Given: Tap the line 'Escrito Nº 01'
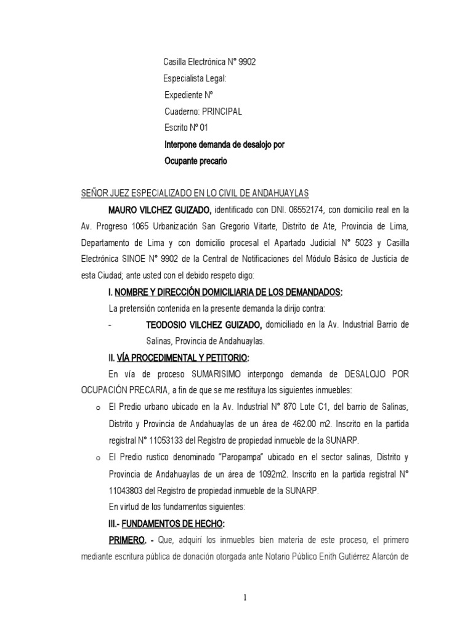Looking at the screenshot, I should [187, 128].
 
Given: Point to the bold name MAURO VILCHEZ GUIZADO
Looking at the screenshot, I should [160, 208].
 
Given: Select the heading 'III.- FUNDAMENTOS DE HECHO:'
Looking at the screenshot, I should [166, 523].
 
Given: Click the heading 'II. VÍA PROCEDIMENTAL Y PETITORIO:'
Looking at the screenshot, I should [179, 357].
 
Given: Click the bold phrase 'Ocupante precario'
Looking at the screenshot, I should [196, 161].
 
